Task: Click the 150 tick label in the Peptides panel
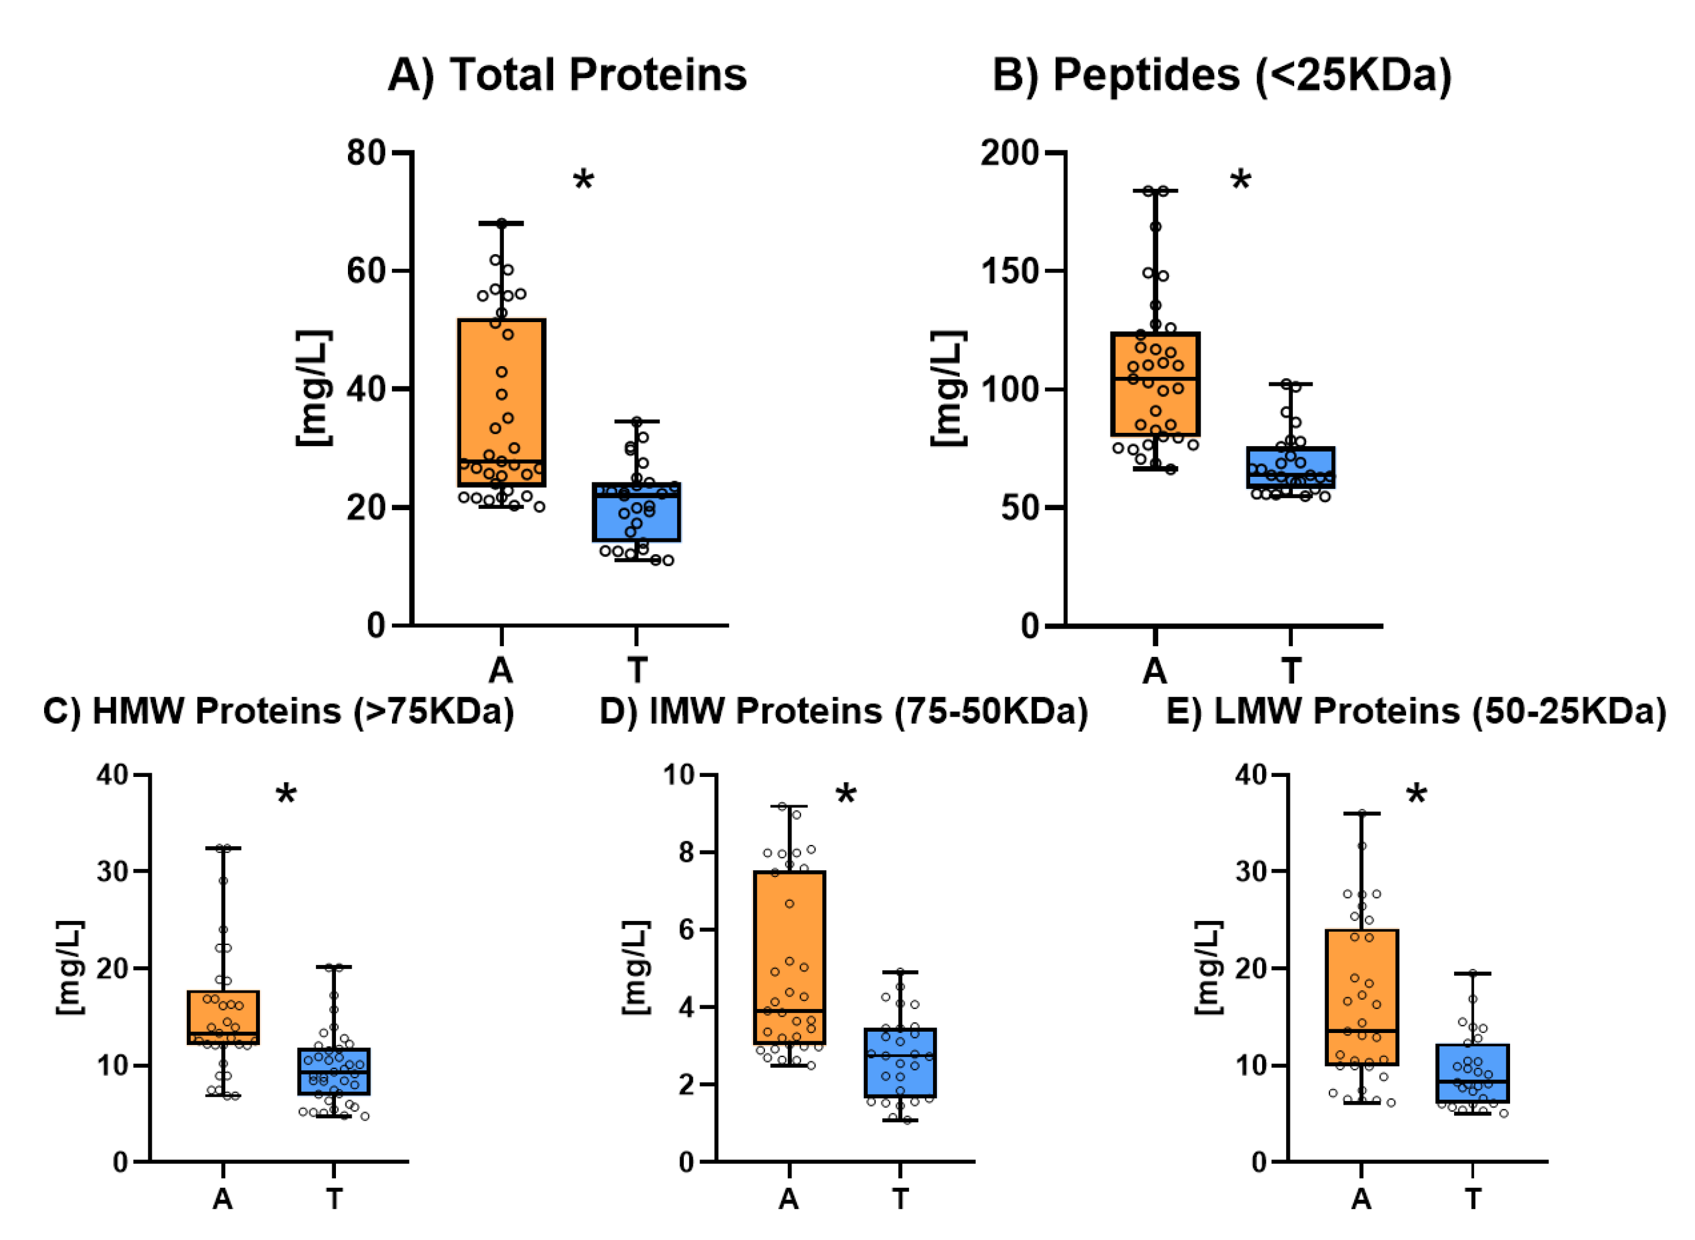[1010, 271]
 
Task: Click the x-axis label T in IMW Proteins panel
[900, 1198]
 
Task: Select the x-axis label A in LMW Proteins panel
[1361, 1198]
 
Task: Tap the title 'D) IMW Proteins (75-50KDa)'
[843, 711]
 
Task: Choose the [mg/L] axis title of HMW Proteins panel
[70, 968]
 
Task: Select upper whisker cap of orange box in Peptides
[1155, 191]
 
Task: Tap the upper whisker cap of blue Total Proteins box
[637, 421]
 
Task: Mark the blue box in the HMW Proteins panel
[333, 1071]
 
